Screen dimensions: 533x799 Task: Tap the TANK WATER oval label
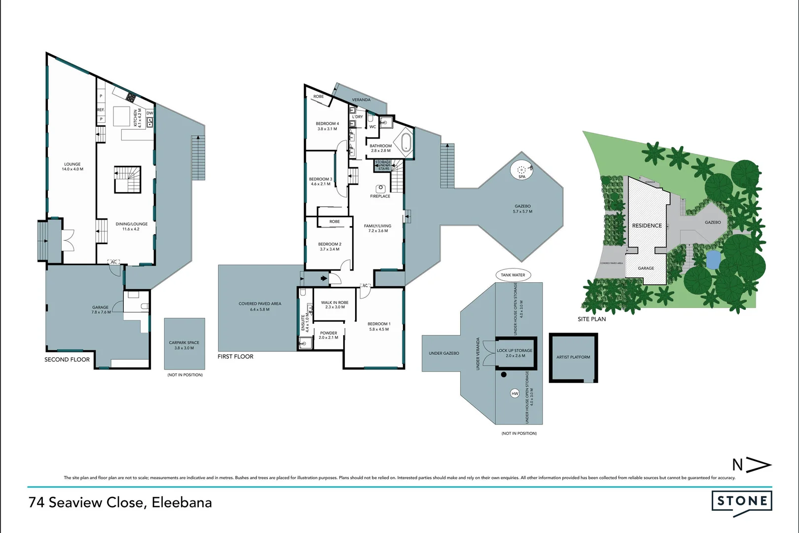click(513, 275)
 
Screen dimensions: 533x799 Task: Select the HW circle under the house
click(515, 393)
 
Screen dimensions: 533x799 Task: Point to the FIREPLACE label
click(380, 196)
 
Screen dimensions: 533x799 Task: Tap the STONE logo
click(742, 501)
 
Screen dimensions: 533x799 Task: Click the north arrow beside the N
click(759, 465)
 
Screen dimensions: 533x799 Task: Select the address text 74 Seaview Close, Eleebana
click(120, 502)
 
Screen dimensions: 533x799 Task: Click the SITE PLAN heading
click(592, 319)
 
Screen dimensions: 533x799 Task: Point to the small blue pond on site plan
click(713, 259)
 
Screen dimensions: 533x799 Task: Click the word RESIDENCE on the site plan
click(647, 226)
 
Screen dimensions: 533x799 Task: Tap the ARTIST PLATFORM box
click(573, 357)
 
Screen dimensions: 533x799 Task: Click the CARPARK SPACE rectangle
click(184, 344)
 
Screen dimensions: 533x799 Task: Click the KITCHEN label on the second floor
click(136, 118)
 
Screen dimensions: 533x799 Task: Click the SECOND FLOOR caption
click(67, 360)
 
